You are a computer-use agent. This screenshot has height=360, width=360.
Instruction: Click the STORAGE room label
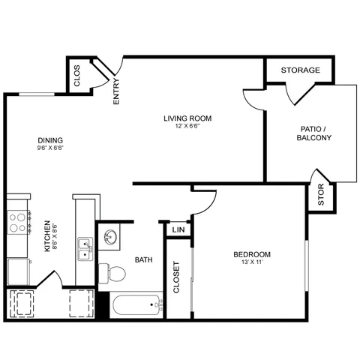301,70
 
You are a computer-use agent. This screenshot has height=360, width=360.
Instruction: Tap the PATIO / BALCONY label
314,133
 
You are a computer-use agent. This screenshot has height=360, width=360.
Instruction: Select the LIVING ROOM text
187,118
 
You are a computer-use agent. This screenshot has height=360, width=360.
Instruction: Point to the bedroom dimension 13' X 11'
252,262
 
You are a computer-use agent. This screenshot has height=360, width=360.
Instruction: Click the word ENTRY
116,91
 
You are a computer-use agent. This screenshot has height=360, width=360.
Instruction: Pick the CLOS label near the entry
77,76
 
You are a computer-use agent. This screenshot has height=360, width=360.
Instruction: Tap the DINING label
50,140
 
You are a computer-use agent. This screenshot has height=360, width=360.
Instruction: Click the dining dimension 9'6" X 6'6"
50,148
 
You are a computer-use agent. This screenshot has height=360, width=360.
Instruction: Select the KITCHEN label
47,236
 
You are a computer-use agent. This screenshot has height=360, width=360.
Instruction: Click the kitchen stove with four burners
19,222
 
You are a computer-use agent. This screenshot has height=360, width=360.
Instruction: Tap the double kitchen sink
85,249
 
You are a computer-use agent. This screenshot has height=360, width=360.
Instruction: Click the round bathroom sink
109,237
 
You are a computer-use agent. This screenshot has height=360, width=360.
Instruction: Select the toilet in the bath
112,273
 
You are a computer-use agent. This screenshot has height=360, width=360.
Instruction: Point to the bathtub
136,305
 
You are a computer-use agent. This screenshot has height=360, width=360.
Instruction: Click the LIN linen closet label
178,229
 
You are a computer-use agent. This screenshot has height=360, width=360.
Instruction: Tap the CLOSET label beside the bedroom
176,277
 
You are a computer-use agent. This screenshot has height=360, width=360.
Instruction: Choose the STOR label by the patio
321,195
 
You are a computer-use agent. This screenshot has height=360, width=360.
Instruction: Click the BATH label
144,260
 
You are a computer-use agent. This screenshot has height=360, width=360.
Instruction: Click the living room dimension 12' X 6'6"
187,126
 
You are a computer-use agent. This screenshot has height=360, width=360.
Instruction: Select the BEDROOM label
252,254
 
